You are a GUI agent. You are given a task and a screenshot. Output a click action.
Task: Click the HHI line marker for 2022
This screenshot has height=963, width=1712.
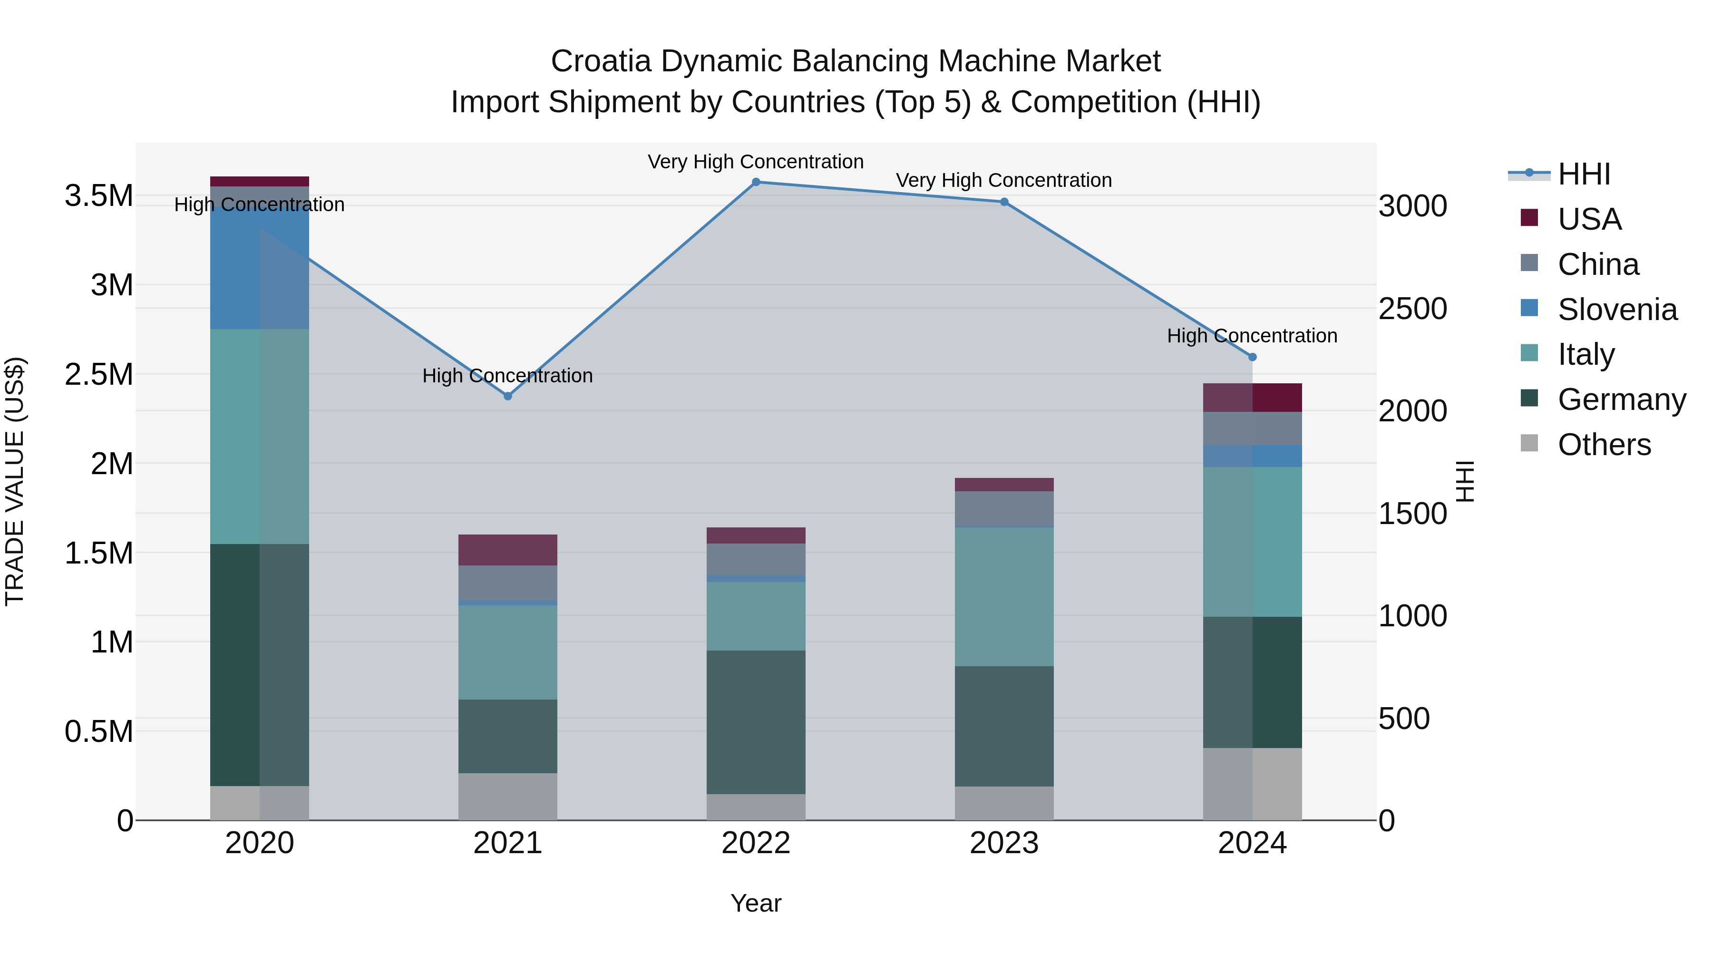(x=756, y=182)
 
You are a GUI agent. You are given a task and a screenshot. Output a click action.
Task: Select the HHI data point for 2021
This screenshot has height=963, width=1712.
(x=508, y=396)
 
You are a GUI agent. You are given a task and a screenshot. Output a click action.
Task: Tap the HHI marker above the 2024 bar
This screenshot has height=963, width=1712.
(x=1253, y=357)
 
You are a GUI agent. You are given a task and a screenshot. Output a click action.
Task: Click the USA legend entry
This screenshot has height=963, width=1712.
(x=1588, y=219)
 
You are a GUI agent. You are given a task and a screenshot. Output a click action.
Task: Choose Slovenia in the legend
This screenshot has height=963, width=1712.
(x=1616, y=310)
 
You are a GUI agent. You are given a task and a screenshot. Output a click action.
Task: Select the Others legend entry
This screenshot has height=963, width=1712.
(x=1603, y=445)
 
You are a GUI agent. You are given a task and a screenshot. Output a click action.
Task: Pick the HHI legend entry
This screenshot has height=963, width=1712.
(x=1583, y=174)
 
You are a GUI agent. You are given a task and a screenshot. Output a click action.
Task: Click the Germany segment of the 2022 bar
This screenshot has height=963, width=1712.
(x=756, y=722)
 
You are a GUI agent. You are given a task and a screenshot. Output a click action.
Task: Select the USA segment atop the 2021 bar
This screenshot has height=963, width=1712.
(x=508, y=550)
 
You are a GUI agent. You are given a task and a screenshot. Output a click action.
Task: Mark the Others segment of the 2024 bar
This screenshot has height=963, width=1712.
(x=1253, y=784)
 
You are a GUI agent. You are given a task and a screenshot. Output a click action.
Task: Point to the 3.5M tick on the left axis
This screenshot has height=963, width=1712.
(x=98, y=196)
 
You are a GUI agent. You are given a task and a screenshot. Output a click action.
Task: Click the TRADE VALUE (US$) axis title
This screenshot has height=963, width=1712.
(x=15, y=481)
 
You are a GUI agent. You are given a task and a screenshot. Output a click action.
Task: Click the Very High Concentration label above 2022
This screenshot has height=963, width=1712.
(x=756, y=162)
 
